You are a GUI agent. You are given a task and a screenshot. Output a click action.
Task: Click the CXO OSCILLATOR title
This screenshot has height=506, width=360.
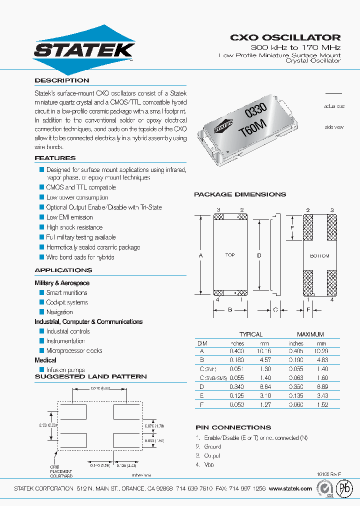point(285,37)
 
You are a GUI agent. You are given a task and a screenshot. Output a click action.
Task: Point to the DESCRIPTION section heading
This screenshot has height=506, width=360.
point(61,80)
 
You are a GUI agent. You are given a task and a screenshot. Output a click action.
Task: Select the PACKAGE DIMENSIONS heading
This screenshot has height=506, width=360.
point(240,194)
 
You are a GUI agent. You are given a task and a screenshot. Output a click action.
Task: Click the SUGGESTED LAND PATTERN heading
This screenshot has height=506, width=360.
point(90,376)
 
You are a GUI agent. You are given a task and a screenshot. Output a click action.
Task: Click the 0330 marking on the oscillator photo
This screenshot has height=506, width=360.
point(255,111)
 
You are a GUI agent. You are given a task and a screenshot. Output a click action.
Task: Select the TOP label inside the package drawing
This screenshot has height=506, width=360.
point(230,255)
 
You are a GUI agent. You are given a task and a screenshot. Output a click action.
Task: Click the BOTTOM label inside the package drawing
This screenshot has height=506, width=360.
point(319,255)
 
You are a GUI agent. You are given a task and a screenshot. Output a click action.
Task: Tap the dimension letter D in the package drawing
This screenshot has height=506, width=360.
point(259,255)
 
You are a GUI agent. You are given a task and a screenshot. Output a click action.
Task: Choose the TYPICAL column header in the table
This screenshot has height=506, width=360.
point(250,334)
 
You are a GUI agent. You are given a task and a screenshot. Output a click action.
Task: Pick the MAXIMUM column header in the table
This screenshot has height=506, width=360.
point(310,334)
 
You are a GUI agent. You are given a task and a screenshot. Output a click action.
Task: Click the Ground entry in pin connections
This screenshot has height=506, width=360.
point(212,446)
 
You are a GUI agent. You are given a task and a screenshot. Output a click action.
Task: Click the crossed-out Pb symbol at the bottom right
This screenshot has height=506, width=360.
point(344,488)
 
